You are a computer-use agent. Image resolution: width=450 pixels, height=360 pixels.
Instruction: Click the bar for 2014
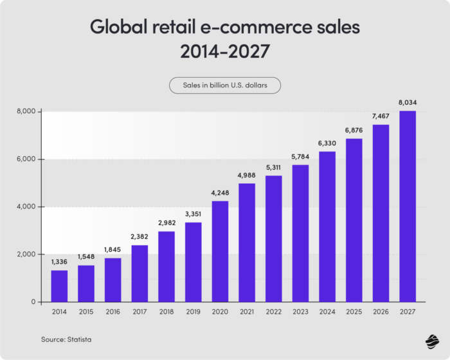pyautogui.click(x=59, y=286)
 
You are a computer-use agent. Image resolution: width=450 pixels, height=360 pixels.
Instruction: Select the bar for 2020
pyautogui.click(x=220, y=251)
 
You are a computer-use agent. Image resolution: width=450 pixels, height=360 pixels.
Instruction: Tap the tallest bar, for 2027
pyautogui.click(x=407, y=206)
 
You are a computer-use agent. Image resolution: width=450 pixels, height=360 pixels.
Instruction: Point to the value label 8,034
pyautogui.click(x=407, y=104)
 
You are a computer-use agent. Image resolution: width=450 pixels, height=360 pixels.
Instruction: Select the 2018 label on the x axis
pyautogui.click(x=166, y=312)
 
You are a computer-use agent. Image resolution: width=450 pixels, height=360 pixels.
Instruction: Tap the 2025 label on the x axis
pyautogui.click(x=354, y=312)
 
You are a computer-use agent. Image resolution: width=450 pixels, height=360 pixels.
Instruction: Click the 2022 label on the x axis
pyautogui.click(x=273, y=312)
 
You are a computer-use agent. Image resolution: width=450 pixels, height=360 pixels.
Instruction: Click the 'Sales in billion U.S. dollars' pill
pyautogui.click(x=224, y=85)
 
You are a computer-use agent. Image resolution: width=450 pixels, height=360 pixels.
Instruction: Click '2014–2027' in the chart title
pyautogui.click(x=224, y=52)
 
